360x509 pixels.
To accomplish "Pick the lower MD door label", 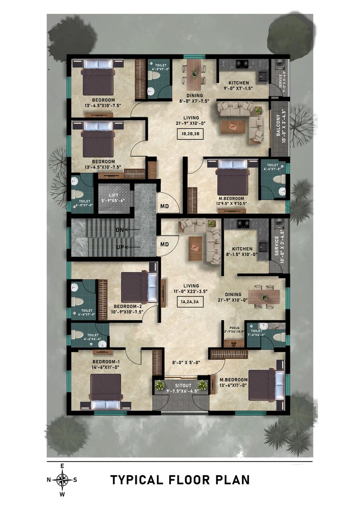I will [164, 244].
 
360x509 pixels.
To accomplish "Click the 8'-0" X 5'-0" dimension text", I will [187, 362].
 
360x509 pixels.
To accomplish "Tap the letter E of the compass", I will [62, 466].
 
